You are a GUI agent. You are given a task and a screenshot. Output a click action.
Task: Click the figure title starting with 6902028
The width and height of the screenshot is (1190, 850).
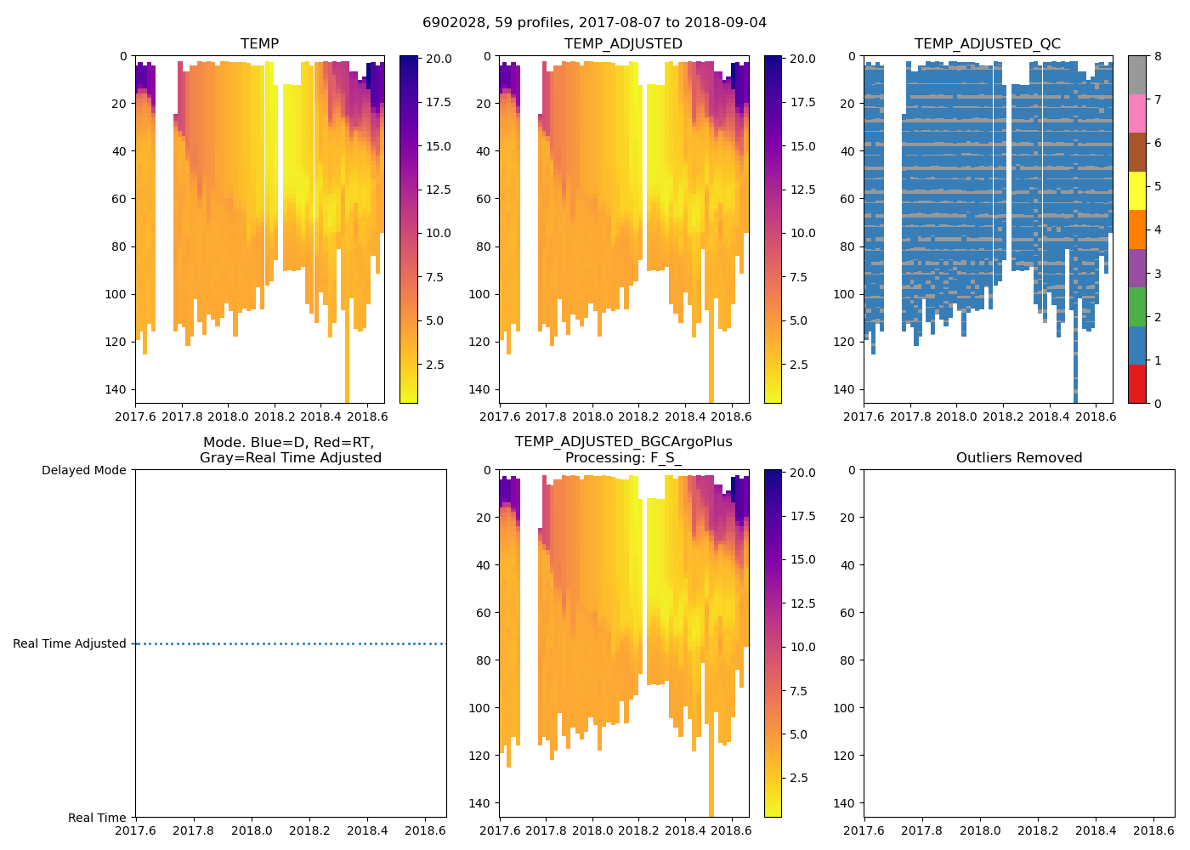594,23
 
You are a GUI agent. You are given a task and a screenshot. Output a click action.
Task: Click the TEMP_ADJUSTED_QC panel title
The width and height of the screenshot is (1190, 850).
987,44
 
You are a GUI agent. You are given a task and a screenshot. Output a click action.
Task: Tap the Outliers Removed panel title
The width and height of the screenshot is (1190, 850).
1018,458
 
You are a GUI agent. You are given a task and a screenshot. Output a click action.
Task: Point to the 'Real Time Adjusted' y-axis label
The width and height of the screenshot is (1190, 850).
70,644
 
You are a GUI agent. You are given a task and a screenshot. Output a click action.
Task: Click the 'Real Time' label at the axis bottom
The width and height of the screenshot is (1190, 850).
97,818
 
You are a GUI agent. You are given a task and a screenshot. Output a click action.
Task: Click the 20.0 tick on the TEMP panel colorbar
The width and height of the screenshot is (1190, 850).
438,59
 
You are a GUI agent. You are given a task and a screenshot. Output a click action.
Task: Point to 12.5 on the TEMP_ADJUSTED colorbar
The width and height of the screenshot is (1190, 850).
802,190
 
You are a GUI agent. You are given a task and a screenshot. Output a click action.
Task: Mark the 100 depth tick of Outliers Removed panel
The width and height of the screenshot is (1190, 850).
847,708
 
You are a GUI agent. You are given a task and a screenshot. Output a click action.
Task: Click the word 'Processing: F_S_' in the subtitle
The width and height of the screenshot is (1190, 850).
623,458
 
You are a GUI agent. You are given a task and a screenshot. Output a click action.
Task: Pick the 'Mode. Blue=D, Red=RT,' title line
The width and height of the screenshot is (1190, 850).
289,443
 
